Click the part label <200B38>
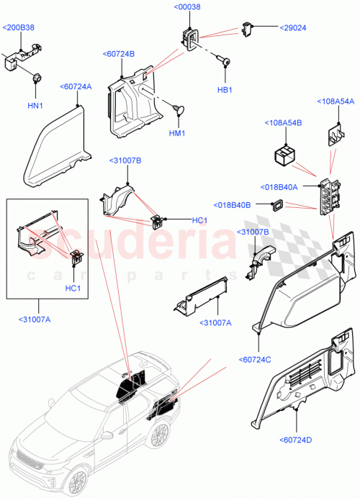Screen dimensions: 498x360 coord(18,27)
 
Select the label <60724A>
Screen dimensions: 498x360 coord(78,86)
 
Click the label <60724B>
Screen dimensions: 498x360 coord(119,53)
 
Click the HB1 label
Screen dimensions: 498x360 coord(225,90)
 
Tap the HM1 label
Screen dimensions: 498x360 coord(178,134)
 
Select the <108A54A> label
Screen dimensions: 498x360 coord(337,101)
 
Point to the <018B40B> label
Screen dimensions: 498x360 coord(232,205)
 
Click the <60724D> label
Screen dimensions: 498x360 coord(294,440)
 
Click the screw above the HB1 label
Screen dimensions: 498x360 coord(225,65)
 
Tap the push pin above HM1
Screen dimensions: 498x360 coord(177,109)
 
